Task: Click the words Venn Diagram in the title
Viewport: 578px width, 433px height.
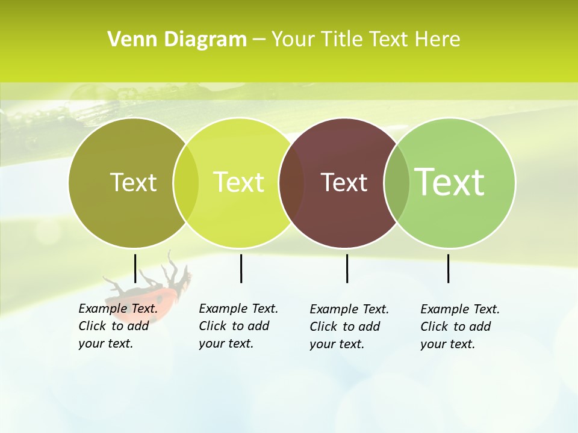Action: pos(177,40)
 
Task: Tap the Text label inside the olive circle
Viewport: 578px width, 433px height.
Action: pos(133,182)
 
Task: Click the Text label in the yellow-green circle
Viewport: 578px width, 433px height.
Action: pos(238,182)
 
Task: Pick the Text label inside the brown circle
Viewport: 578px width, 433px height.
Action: pos(344,182)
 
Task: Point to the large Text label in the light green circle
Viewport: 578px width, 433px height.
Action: pos(450,182)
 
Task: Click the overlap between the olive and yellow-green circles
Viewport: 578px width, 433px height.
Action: pos(186,183)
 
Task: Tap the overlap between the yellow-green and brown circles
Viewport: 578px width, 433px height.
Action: pos(291,183)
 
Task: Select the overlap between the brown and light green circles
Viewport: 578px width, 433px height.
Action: pos(397,183)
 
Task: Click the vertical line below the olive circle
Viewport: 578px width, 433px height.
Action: pos(135,268)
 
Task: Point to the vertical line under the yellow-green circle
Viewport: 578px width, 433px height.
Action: pos(241,268)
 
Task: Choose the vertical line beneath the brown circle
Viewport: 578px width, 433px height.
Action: pos(347,268)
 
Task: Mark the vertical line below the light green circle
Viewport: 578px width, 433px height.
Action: pos(448,268)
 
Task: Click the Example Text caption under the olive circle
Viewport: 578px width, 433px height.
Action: pos(118,326)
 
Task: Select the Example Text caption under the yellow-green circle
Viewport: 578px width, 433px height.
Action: pos(238,326)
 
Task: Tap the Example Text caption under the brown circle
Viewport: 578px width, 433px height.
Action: pos(349,327)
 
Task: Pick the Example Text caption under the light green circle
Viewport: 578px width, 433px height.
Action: pos(460,327)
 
